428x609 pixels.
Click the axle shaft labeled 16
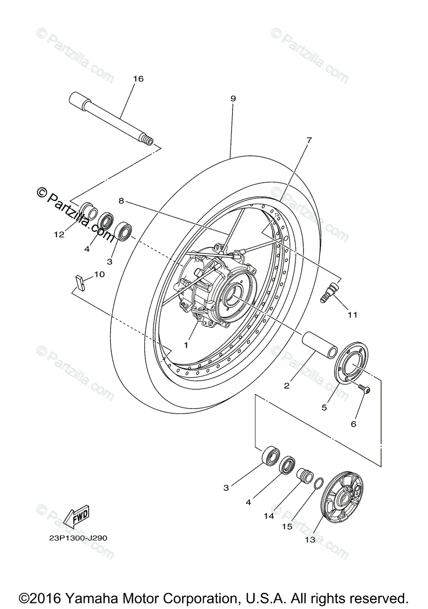coord(112,117)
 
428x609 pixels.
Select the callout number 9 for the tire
coord(233,98)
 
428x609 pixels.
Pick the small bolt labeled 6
coord(364,389)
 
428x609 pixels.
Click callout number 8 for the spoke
coord(121,200)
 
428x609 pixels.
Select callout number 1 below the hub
coord(186,345)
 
